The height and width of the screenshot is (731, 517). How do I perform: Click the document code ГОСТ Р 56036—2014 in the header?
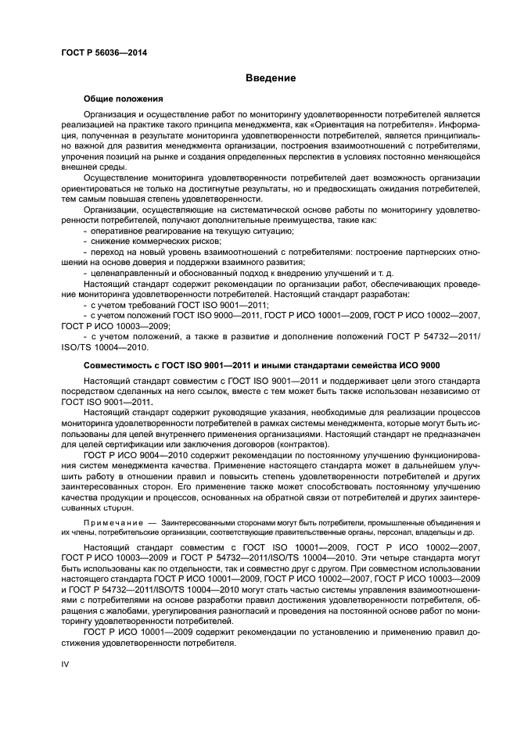coord(104,53)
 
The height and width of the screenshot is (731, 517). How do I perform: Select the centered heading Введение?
coord(270,78)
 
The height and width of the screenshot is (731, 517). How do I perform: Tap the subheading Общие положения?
coord(123,99)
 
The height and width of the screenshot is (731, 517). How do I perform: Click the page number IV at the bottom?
coord(66,663)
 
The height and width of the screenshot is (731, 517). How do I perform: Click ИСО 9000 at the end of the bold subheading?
coord(421,365)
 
